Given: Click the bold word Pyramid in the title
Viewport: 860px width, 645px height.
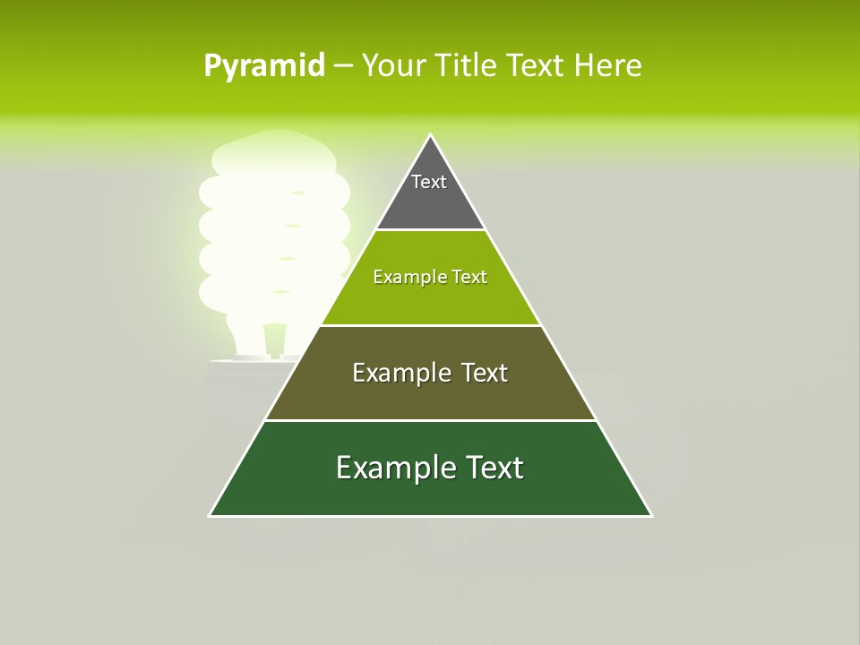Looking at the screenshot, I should click(264, 66).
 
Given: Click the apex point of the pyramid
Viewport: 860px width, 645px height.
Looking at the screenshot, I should click(431, 135).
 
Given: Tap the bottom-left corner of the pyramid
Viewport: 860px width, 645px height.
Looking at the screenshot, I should click(210, 516).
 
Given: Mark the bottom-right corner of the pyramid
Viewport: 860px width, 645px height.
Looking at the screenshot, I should click(651, 516).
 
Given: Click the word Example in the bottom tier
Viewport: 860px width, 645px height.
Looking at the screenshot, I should click(391, 468).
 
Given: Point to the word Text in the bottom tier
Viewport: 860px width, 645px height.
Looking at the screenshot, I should click(491, 468).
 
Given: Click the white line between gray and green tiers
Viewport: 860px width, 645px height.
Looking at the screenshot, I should click(430, 230).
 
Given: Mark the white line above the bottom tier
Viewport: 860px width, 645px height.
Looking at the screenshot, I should click(430, 420).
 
